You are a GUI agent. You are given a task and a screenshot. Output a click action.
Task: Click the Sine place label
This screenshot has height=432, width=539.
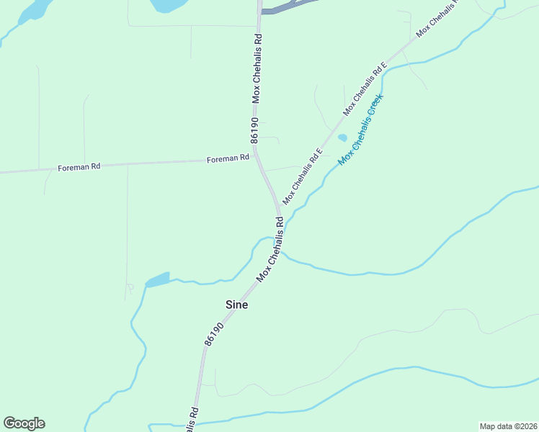coord(237,305)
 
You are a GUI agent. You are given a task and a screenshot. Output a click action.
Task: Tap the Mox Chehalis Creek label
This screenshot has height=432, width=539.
coord(361,128)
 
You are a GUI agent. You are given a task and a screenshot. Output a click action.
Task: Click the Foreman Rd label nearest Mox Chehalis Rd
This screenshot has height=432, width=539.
coord(228,158)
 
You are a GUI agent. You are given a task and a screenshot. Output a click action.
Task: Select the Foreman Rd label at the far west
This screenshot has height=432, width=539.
coord(79,167)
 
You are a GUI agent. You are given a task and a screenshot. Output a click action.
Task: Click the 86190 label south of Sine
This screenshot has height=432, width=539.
coord(214,336)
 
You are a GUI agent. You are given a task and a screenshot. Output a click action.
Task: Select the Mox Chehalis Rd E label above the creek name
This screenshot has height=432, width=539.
coord(366,88)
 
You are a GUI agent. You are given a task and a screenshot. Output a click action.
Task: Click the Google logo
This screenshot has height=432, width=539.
coord(24,423)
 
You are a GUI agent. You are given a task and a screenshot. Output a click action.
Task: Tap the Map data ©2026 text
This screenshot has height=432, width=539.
coord(508,426)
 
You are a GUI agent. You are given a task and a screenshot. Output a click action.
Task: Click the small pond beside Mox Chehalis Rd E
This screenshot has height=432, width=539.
coord(342,138)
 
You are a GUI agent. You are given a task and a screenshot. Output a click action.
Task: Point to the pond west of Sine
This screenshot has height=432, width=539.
coord(158,279)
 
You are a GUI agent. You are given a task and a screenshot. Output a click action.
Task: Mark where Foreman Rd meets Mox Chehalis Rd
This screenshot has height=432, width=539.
coord(257,156)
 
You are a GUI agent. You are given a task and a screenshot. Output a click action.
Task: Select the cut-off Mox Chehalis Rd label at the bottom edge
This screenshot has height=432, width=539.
coord(192,422)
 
